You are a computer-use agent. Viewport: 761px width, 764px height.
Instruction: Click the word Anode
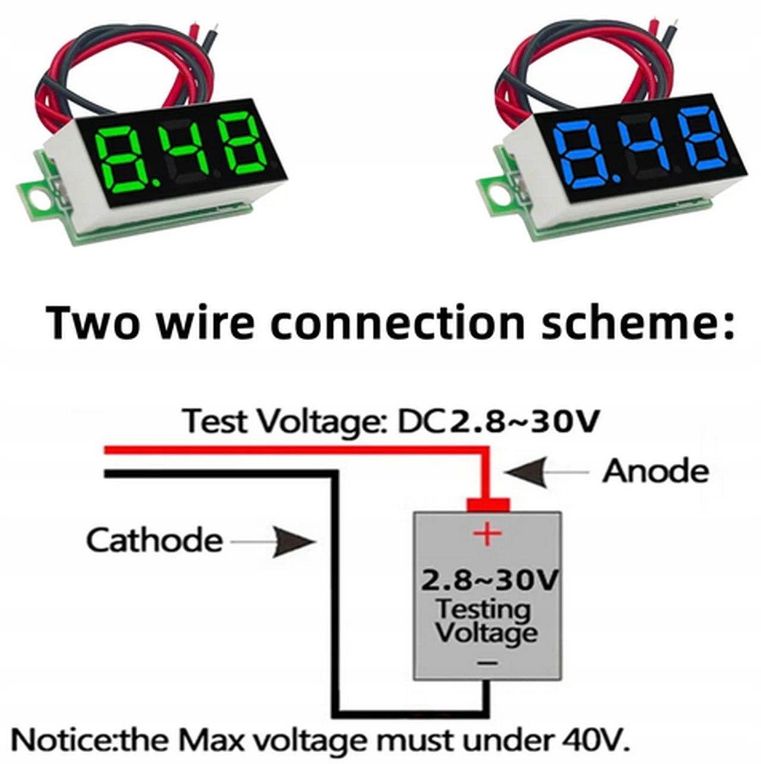point(656,472)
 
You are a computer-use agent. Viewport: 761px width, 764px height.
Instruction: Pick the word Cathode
point(155,540)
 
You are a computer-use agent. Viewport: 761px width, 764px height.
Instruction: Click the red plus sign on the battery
point(487,533)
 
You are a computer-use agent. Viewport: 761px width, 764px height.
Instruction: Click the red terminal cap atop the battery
point(488,505)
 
